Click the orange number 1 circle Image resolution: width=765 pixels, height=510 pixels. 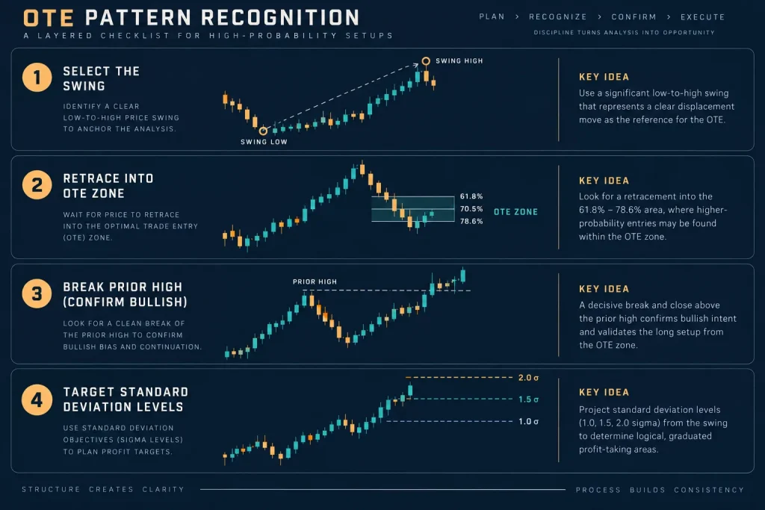[x=37, y=78]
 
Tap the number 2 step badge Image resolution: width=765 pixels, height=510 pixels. [x=37, y=185]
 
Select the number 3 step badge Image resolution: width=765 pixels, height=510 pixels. [x=37, y=293]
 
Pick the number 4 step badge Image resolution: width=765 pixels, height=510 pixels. [x=37, y=399]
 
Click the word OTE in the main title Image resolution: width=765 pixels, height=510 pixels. [x=49, y=19]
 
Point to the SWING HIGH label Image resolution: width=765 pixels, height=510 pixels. [x=459, y=61]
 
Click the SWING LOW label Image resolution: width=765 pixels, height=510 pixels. [x=264, y=142]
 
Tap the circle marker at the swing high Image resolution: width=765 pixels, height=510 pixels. [x=426, y=61]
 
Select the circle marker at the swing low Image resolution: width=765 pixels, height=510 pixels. [x=263, y=131]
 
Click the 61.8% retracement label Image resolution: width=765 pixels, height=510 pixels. [x=471, y=196]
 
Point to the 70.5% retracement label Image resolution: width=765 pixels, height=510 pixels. [x=471, y=208]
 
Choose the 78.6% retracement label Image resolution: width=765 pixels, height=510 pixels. [x=471, y=221]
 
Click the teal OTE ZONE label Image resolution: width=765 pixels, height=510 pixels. [x=515, y=212]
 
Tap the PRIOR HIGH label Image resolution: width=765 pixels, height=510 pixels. [x=315, y=282]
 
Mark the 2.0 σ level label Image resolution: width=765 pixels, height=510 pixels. [x=528, y=378]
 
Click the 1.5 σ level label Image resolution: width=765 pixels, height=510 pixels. [x=528, y=399]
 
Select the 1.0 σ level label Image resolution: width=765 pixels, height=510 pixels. [x=528, y=421]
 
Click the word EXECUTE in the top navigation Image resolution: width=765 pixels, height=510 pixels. [x=702, y=17]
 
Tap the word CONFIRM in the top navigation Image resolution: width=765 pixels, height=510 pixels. [x=634, y=17]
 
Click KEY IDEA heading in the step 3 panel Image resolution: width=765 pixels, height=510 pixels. [x=604, y=289]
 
